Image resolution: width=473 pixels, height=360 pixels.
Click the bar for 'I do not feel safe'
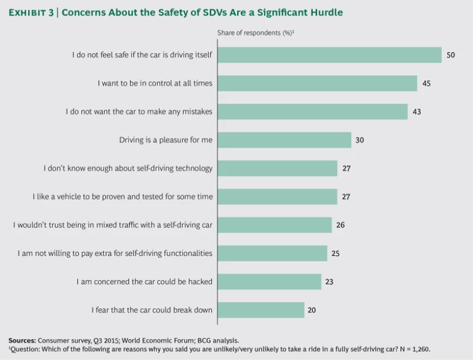pyautogui.click(x=329, y=55)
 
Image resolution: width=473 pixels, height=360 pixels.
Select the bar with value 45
pyautogui.click(x=317, y=83)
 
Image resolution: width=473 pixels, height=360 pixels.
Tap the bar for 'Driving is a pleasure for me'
pyautogui.click(x=284, y=140)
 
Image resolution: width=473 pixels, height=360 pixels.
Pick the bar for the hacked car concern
pyautogui.click(x=269, y=281)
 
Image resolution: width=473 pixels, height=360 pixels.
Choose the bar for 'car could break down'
pyautogui.click(x=261, y=310)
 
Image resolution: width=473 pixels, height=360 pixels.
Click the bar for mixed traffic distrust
pyautogui.click(x=275, y=225)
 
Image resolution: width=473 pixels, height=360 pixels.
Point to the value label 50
pyautogui.click(x=451, y=55)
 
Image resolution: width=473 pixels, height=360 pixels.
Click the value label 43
pyautogui.click(x=417, y=111)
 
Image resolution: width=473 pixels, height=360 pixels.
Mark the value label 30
pyautogui.click(x=360, y=140)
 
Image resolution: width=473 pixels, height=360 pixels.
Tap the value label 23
pyautogui.click(x=330, y=281)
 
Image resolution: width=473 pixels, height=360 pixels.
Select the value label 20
pyautogui.click(x=312, y=310)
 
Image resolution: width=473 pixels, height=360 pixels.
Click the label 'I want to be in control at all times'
pyautogui.click(x=155, y=83)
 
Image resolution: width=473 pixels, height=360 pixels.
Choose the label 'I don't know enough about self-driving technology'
pyautogui.click(x=128, y=168)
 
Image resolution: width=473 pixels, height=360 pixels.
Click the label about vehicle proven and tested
pyautogui.click(x=123, y=196)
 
